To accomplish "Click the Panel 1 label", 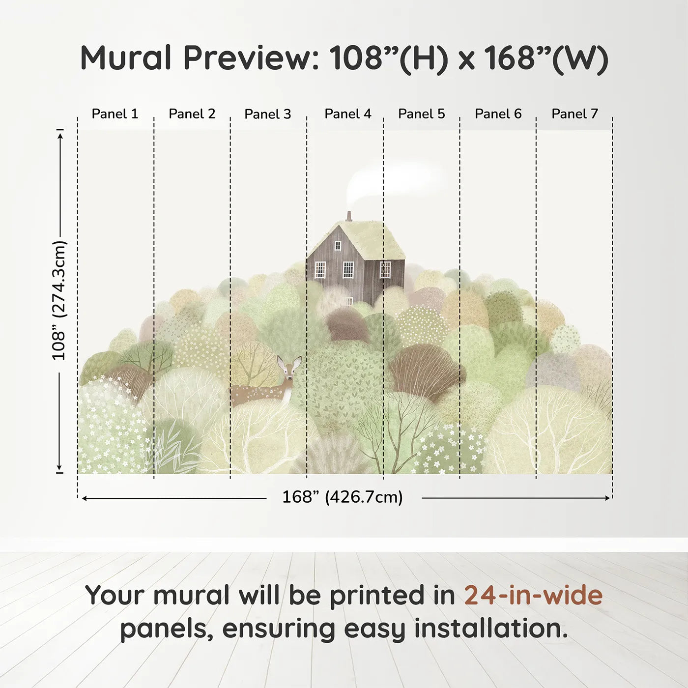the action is (x=115, y=114).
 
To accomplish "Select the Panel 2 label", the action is (x=192, y=114).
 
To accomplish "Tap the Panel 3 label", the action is (x=268, y=114).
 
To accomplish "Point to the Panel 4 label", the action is (x=348, y=114).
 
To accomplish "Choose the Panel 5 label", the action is (x=422, y=114).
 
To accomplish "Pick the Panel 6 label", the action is (x=498, y=114).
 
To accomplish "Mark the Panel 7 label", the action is (x=574, y=114).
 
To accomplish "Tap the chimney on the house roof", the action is (x=349, y=217).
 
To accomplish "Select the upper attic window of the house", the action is (x=338, y=246).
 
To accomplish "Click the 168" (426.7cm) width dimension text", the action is (x=343, y=497).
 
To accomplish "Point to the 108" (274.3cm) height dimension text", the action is (x=59, y=300).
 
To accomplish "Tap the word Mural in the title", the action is (x=126, y=57).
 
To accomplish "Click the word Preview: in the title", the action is (x=251, y=57).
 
